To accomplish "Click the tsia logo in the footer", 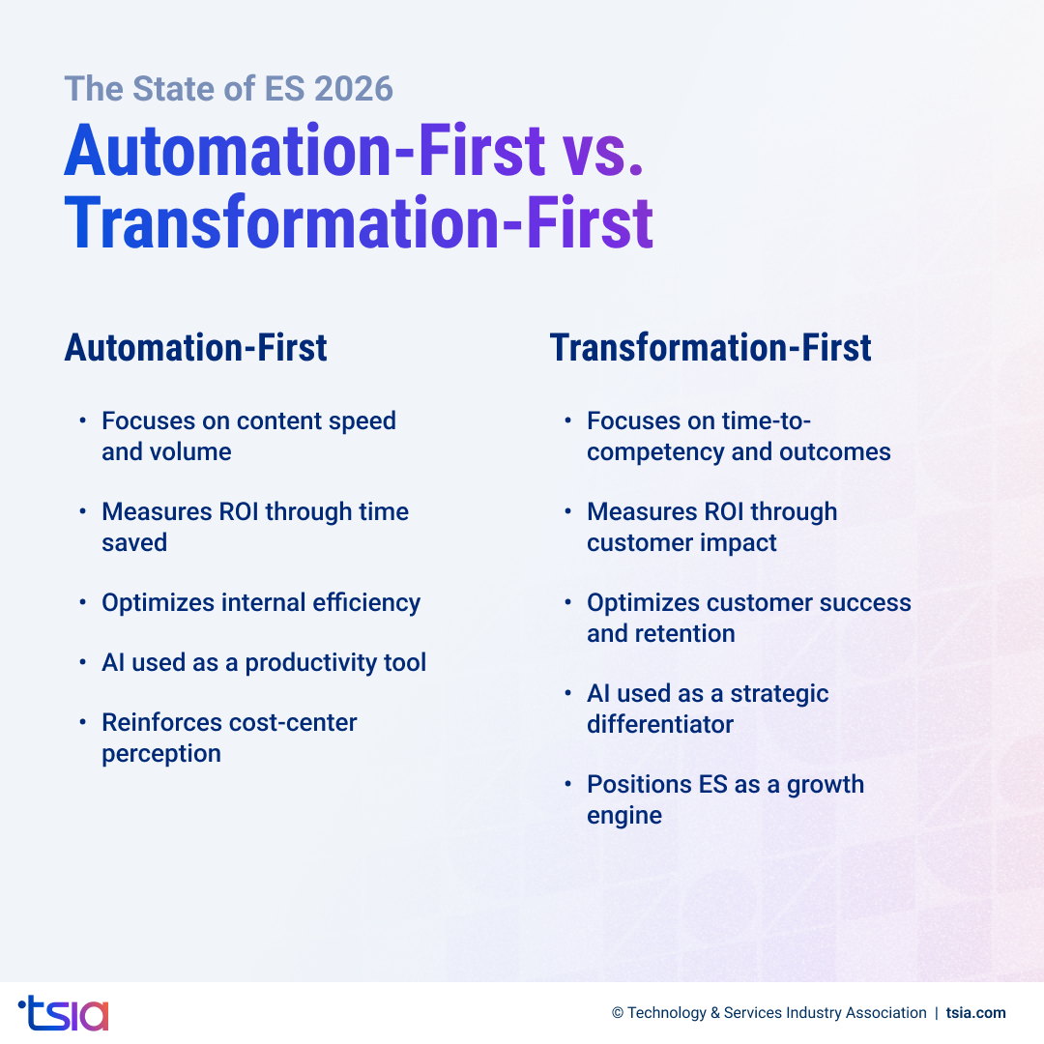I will coord(64,1012).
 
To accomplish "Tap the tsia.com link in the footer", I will coord(975,1013).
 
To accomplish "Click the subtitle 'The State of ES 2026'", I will coord(229,89).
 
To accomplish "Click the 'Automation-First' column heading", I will coord(195,348).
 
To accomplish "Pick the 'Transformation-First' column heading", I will coord(710,348).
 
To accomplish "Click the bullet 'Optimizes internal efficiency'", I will coord(261,603).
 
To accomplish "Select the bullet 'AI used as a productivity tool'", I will coord(264,663).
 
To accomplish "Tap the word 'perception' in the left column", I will coord(161,754).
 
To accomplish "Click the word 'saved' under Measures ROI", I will coord(134,543).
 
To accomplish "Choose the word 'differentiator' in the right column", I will coord(660,725).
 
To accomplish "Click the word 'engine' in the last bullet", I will coord(624,816).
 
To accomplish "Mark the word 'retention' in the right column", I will coord(687,634).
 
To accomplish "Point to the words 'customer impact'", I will coord(681,543).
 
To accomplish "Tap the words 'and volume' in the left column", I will coord(166,452).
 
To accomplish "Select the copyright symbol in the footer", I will coord(618,1013).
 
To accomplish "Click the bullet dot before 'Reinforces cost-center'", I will coord(83,723).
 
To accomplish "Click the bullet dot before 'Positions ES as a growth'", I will coord(568,785).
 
